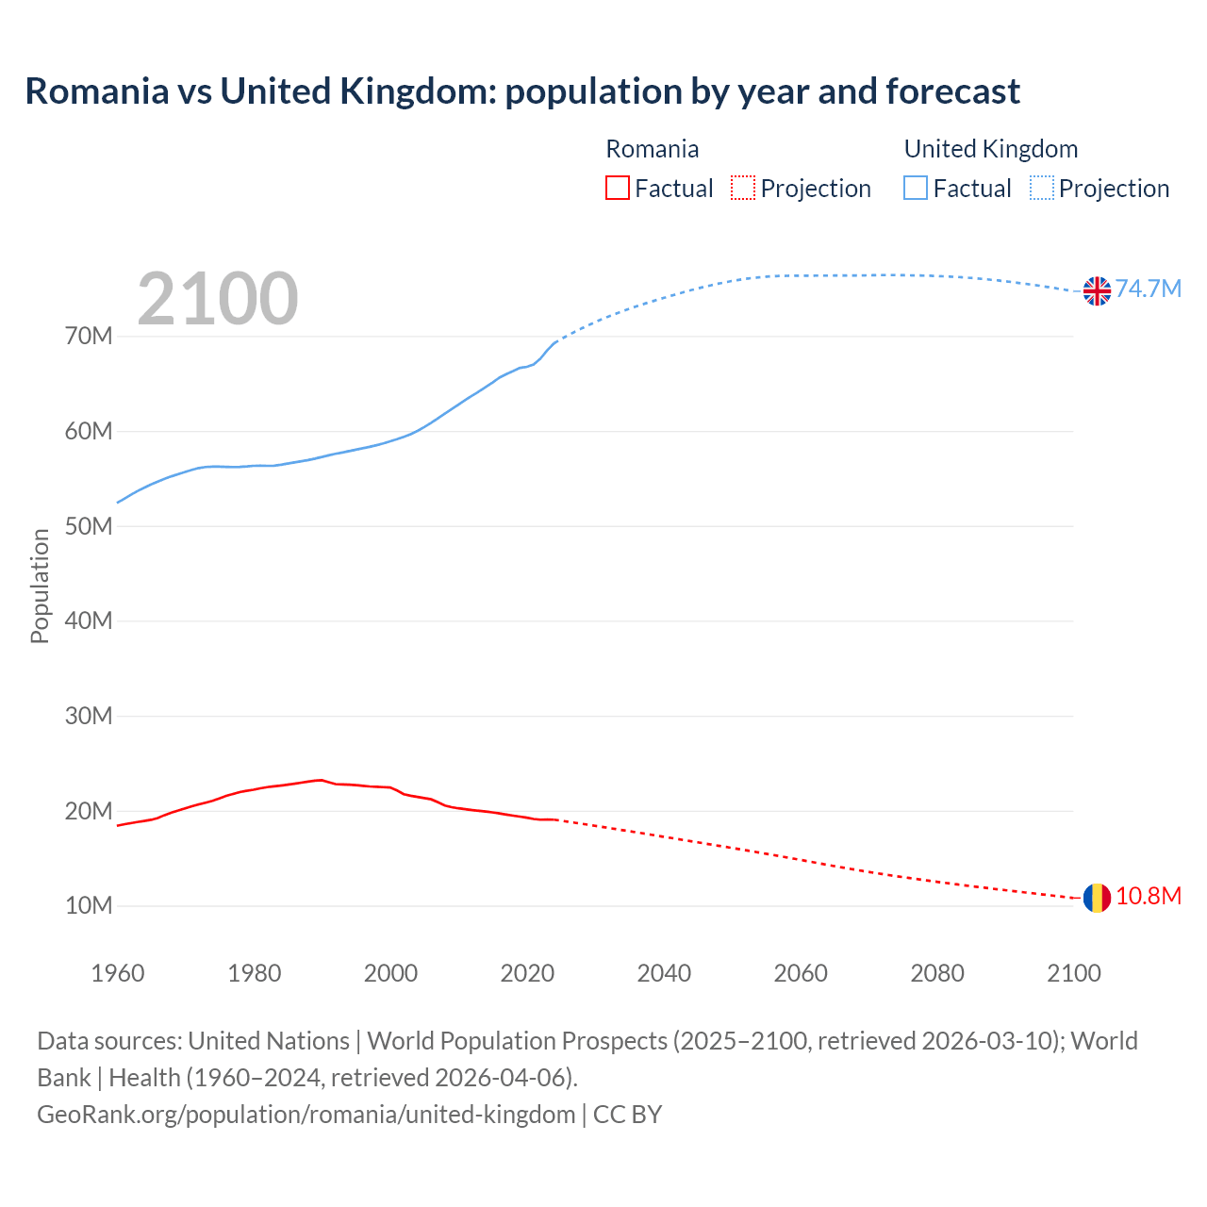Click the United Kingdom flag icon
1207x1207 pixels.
coord(1097,291)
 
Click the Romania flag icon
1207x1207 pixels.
coord(1097,898)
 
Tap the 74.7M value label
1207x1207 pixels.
coord(1149,289)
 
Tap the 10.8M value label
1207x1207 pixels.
coord(1149,896)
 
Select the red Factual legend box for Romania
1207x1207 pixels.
coord(618,188)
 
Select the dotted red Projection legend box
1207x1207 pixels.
coord(743,188)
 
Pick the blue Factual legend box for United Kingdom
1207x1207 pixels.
coord(916,188)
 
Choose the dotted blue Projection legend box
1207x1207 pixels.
coord(1042,188)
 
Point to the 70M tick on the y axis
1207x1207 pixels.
coord(89,337)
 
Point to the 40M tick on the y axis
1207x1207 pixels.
coord(89,621)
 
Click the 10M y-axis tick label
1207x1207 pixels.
coord(89,906)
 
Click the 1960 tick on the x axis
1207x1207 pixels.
coord(118,973)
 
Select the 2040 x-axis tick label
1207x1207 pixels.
coord(664,973)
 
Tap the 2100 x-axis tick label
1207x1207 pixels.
coord(1074,973)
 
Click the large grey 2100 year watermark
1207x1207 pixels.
coord(218,299)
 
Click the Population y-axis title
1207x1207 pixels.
coord(40,586)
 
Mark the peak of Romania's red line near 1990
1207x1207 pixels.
coord(321,780)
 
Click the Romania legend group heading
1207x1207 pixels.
coord(652,149)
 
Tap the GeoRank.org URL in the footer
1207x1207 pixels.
coord(306,1115)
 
